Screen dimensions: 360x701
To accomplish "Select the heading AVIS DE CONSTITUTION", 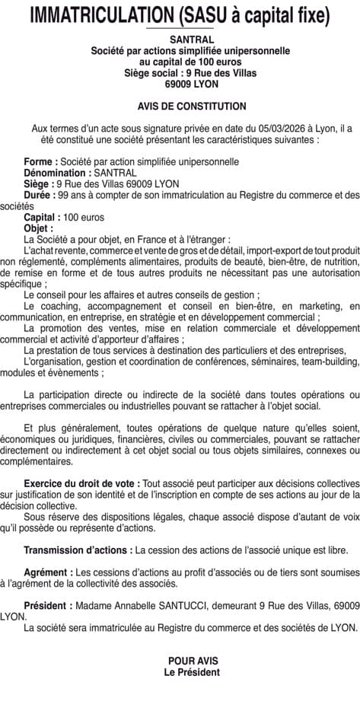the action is click(192, 107).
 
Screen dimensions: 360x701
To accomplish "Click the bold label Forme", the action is click(39, 162).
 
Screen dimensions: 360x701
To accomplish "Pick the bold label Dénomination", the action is click(55, 173).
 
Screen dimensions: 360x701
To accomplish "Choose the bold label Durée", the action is click(39, 195).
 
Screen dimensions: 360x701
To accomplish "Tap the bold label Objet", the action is click(38, 228).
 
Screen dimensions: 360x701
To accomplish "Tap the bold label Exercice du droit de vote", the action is click(81, 483).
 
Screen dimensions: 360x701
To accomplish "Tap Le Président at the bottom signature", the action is click(192, 672).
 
